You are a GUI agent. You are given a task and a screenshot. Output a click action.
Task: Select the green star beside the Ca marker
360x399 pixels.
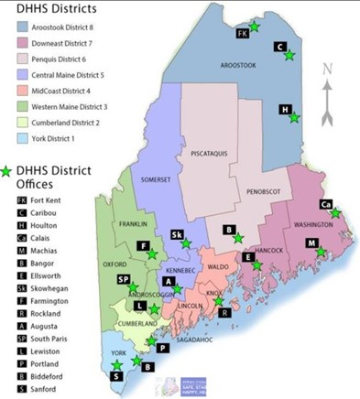click(336, 212)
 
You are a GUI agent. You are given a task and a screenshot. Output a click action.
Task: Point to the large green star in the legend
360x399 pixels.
click(9, 171)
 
